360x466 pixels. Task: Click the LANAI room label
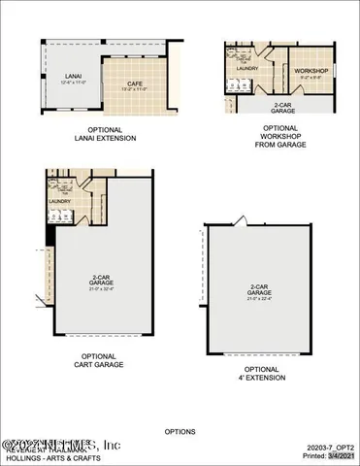[x=73, y=76]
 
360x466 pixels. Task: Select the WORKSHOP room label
[x=312, y=71]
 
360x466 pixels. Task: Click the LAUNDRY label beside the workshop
[x=245, y=69]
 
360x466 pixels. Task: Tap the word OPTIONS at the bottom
[x=180, y=431]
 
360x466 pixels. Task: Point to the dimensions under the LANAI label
[x=73, y=83]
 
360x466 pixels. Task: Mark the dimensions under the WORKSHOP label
[x=312, y=78]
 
